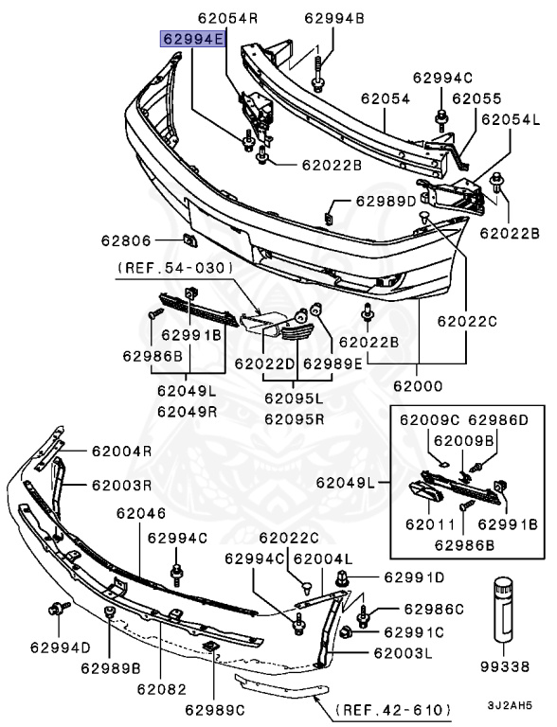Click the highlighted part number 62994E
tap(192, 40)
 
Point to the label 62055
tap(476, 98)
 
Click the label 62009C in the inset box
tap(428, 418)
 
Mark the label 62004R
tap(121, 451)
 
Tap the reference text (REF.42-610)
tap(393, 708)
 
